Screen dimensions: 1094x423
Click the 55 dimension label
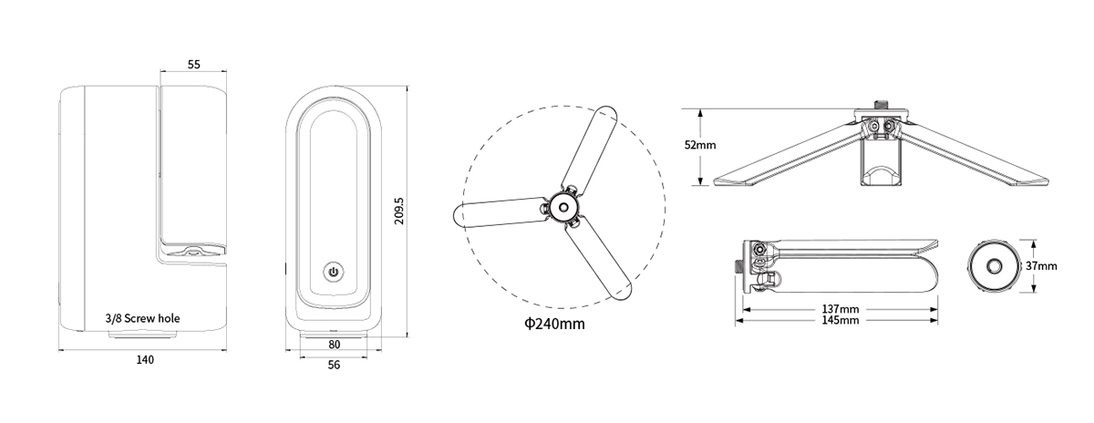tap(194, 65)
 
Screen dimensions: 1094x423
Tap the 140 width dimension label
tap(145, 360)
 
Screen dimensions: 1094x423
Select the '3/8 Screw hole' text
tap(142, 318)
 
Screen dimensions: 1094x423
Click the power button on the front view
tap(334, 272)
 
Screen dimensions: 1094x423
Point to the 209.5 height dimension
tap(399, 211)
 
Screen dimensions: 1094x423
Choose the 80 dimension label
tap(334, 345)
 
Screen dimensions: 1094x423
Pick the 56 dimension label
tap(334, 365)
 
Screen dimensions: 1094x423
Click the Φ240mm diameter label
tap(554, 324)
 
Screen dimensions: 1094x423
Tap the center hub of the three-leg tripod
tap(563, 207)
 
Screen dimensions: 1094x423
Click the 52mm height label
tap(700, 145)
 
